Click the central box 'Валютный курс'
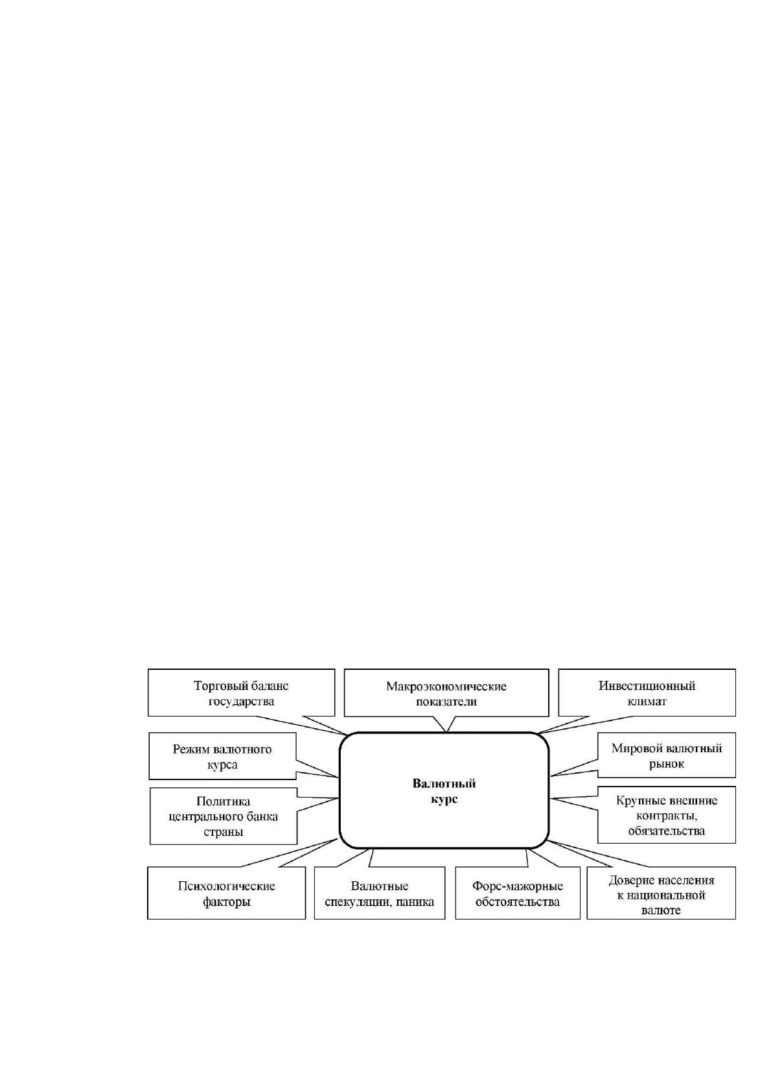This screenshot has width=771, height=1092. [x=444, y=790]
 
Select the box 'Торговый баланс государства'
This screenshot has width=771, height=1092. [x=241, y=693]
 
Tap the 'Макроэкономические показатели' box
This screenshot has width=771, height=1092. [x=446, y=693]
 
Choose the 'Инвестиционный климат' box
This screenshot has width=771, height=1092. [x=647, y=693]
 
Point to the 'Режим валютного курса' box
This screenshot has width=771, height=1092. [x=222, y=755]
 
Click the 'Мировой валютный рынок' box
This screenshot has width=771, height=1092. [x=666, y=755]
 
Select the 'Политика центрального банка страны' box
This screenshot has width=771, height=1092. [x=223, y=816]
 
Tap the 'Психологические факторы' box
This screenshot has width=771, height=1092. [x=226, y=893]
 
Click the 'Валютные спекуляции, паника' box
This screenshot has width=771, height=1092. [x=380, y=893]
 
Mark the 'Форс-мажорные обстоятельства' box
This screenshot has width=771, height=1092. [x=518, y=893]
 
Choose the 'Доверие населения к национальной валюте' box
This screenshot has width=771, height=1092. [x=661, y=893]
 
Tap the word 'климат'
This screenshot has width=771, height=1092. [x=647, y=701]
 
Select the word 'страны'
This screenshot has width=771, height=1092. [x=223, y=832]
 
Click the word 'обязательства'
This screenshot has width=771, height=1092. [x=666, y=830]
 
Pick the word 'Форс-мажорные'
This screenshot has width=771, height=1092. [x=518, y=886]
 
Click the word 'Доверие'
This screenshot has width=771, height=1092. [x=630, y=881]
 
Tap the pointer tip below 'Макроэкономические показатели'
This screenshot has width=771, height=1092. [x=446, y=731]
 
